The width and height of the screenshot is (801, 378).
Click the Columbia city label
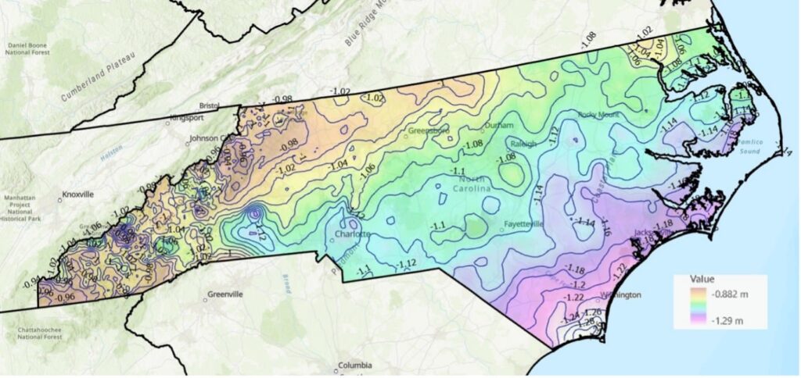tap(356, 365)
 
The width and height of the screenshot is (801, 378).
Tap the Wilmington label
tap(620, 295)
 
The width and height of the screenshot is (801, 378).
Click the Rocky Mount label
tap(598, 114)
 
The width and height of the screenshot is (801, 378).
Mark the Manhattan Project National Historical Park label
tap(21, 212)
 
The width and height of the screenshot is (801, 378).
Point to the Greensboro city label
tap(430, 131)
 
